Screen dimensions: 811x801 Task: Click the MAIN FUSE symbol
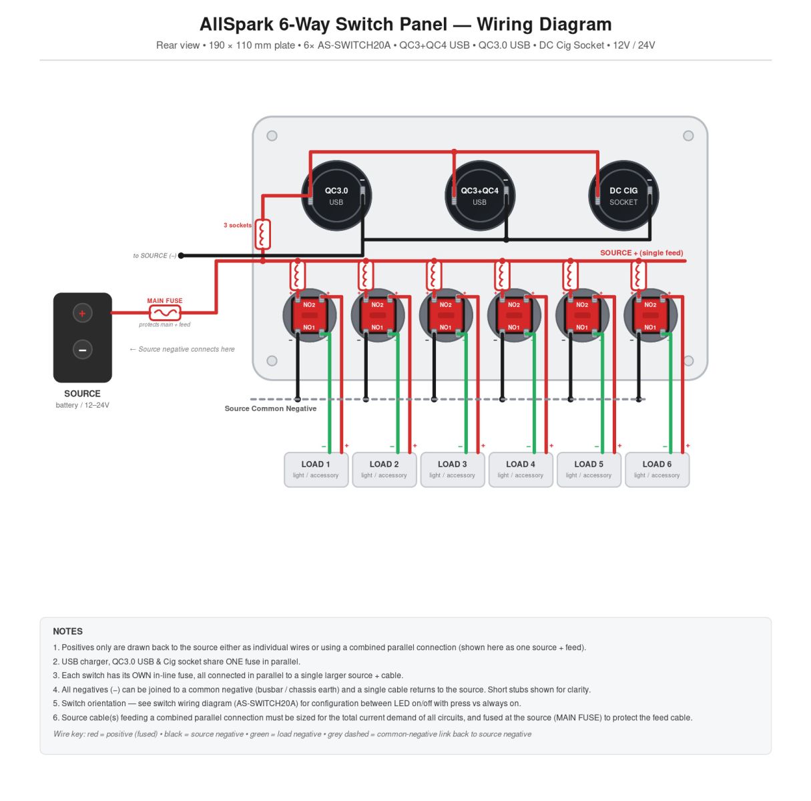[x=165, y=313]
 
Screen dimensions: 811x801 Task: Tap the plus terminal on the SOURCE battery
[x=82, y=313]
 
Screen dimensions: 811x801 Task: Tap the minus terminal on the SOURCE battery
[x=82, y=350]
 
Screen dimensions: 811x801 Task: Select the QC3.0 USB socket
[x=336, y=196]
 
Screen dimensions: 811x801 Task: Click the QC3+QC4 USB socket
[x=480, y=196]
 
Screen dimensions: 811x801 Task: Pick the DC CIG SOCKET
[x=623, y=196]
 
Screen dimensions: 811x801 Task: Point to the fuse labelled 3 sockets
[x=262, y=234]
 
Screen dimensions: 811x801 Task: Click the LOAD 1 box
[x=316, y=470]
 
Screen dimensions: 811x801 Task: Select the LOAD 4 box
[x=521, y=470]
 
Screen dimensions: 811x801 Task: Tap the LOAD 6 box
[x=657, y=470]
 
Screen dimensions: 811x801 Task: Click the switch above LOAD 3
[x=446, y=315]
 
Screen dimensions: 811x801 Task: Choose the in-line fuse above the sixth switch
[x=638, y=276]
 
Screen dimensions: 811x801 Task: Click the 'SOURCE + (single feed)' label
[x=641, y=252]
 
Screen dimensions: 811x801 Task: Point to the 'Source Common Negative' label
[x=270, y=409]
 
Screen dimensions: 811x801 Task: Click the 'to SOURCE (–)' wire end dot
[x=181, y=256]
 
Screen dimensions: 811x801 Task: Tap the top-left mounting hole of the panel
[x=272, y=136]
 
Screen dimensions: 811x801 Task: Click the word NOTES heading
[x=68, y=631]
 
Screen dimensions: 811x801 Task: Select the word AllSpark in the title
[x=236, y=25]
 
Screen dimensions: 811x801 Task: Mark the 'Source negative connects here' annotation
[x=182, y=349]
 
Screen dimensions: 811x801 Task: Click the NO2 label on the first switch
[x=309, y=305]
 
